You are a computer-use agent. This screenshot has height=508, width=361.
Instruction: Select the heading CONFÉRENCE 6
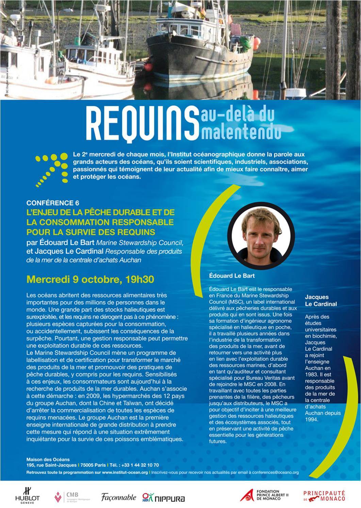[x=50, y=203]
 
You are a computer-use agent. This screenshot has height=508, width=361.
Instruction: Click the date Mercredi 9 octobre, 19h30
[x=90, y=280]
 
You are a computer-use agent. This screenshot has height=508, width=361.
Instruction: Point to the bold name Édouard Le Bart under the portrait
[x=232, y=275]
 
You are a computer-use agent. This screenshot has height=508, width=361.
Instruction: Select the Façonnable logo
[x=118, y=497]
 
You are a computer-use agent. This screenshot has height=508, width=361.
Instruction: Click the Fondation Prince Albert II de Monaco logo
[x=264, y=496]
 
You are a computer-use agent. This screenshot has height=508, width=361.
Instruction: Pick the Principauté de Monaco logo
[x=324, y=495]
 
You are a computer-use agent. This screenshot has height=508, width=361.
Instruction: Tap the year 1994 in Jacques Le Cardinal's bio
[x=312, y=419]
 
